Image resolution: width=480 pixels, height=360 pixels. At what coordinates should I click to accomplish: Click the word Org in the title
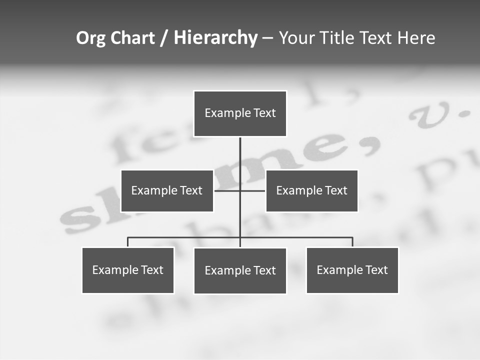(x=90, y=38)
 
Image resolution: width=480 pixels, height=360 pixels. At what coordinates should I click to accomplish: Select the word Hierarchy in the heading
(x=215, y=38)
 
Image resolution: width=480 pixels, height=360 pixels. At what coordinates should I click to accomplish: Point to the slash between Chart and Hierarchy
(x=164, y=38)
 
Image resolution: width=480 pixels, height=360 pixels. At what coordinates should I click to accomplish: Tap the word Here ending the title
(x=416, y=38)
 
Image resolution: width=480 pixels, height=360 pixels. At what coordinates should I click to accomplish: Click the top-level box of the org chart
(x=240, y=113)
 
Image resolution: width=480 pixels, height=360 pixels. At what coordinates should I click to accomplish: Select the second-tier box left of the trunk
(x=167, y=190)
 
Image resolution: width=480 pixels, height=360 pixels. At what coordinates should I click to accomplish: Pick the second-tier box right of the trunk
(x=311, y=190)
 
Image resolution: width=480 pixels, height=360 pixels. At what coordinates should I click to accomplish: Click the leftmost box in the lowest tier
(x=128, y=270)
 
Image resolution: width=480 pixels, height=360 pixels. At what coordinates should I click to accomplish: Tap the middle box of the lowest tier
(x=240, y=270)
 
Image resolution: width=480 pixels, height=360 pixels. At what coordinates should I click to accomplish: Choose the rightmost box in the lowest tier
(x=352, y=270)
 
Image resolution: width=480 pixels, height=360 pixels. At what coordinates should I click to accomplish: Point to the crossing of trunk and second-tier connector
(x=240, y=190)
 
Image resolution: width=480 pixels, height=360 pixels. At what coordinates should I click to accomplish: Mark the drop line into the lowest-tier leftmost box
(x=128, y=242)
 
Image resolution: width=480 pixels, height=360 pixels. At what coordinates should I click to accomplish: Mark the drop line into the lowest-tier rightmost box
(x=352, y=242)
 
